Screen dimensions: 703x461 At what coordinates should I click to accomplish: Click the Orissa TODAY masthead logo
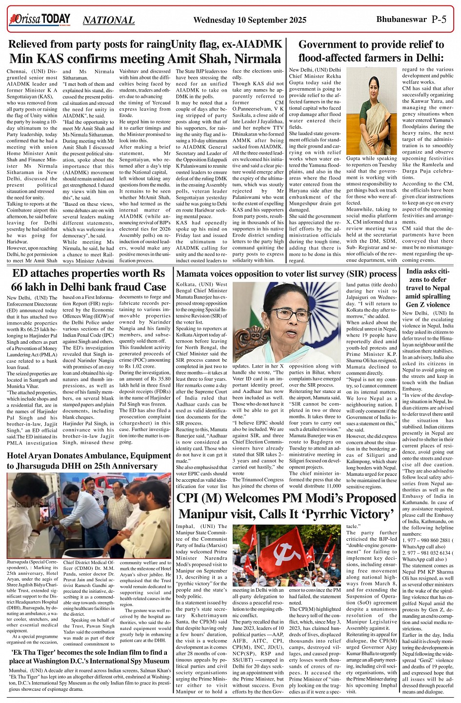(40, 20)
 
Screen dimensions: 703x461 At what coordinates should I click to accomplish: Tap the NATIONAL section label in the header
(108, 20)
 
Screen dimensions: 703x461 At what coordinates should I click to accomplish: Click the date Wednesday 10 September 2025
(250, 20)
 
